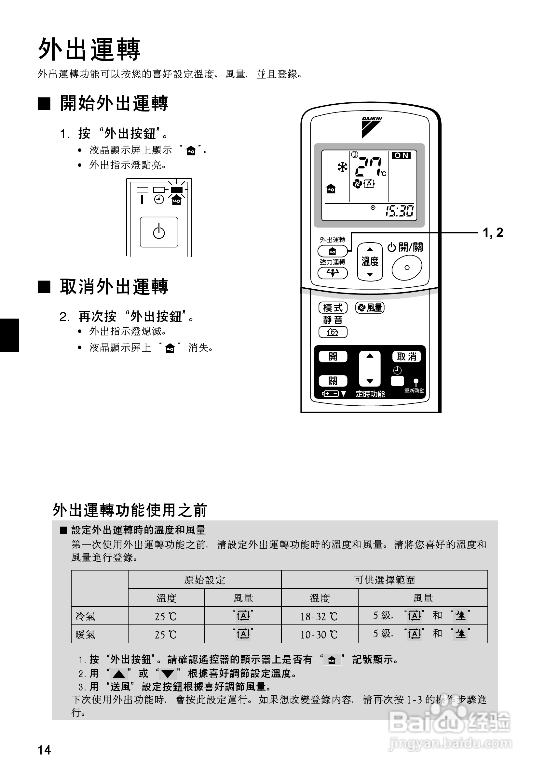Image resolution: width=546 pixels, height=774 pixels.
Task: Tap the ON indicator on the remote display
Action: tap(401, 155)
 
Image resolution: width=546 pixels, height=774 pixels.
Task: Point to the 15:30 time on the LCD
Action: tap(400, 211)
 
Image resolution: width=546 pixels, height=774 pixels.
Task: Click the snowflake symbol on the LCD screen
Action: tap(343, 167)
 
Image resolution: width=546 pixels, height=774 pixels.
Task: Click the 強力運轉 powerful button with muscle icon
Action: tap(333, 273)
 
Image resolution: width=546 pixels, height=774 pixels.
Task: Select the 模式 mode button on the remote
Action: tap(333, 308)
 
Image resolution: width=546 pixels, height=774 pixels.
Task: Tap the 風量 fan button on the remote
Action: tap(370, 308)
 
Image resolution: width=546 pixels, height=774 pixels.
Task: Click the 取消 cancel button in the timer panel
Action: tap(406, 356)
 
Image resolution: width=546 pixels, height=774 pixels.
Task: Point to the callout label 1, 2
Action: tap(493, 233)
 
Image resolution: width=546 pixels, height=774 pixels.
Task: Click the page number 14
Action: tap(44, 750)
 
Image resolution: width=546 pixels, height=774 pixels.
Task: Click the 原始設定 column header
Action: tap(204, 580)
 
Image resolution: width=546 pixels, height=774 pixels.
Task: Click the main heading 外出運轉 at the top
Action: tap(89, 49)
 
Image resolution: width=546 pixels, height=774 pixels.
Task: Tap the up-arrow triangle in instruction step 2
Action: tap(119, 674)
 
